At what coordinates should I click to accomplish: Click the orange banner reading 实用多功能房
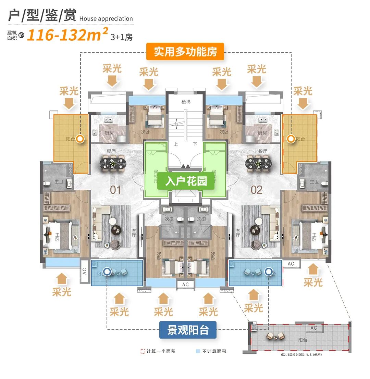tap(185, 52)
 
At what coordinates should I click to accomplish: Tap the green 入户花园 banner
tap(186, 181)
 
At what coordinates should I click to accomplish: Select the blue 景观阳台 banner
tap(188, 330)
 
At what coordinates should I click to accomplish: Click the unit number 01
tap(115, 190)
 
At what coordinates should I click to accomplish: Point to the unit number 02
tap(256, 190)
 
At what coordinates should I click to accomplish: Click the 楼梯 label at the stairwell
tap(185, 102)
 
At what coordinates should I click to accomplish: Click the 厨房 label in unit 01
tap(109, 133)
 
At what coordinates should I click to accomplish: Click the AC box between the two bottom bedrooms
tap(185, 285)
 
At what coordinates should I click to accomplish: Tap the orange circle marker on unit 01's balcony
tap(80, 139)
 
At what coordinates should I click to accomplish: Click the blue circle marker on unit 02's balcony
tap(269, 271)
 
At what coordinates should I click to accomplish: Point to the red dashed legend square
tap(143, 351)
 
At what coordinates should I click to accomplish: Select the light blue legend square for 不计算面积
tap(198, 351)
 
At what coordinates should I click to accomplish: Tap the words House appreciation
tap(106, 18)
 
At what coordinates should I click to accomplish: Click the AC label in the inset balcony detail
tap(313, 328)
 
